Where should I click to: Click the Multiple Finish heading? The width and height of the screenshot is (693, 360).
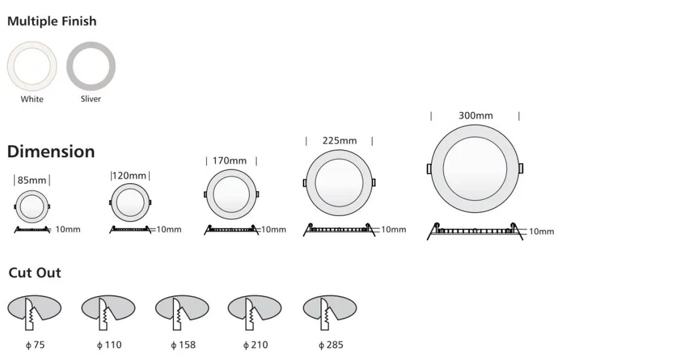pyautogui.click(x=52, y=21)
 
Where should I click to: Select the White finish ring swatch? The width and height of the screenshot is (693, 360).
pyautogui.click(x=31, y=67)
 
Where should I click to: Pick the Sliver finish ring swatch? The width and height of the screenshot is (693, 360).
pyautogui.click(x=91, y=67)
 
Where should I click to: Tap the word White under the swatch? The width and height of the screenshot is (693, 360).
pyautogui.click(x=31, y=99)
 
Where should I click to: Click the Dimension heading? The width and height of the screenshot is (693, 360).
pyautogui.click(x=51, y=151)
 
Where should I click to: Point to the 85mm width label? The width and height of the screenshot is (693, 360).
pyautogui.click(x=31, y=180)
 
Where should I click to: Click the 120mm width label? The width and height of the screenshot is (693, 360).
pyautogui.click(x=130, y=175)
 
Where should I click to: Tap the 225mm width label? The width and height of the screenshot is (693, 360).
pyautogui.click(x=339, y=141)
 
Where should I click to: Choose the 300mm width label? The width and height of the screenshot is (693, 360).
pyautogui.click(x=475, y=115)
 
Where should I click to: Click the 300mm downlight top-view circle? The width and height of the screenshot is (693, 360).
pyautogui.click(x=475, y=168)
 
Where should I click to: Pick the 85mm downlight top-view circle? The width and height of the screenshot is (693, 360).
pyautogui.click(x=31, y=207)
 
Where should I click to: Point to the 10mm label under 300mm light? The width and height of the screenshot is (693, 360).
pyautogui.click(x=541, y=232)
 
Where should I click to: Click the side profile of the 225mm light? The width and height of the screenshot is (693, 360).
pyautogui.click(x=339, y=230)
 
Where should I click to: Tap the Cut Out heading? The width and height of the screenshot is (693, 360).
pyautogui.click(x=35, y=273)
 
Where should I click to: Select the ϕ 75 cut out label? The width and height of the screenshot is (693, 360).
pyautogui.click(x=34, y=344)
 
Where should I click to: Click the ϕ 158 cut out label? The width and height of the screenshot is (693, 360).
pyautogui.click(x=183, y=344)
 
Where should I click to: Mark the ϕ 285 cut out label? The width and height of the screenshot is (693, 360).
pyautogui.click(x=330, y=344)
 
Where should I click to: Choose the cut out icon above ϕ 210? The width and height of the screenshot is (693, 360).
pyautogui.click(x=255, y=312)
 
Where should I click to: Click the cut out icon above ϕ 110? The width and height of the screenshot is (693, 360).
pyautogui.click(x=108, y=312)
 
